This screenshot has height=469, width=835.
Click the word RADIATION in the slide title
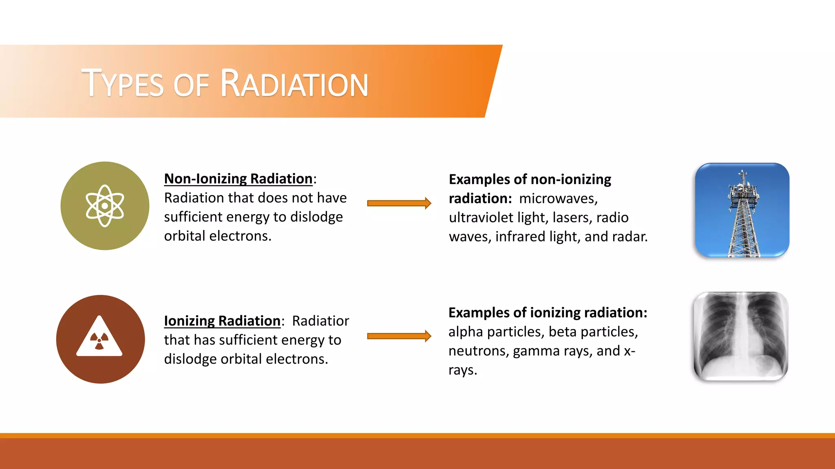pos(294,84)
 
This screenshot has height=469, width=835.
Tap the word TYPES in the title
pos(123,84)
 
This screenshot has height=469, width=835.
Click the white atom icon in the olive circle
pos(105,206)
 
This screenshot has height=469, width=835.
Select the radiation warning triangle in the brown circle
pos(99,337)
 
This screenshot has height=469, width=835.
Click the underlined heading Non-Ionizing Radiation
pos(238,179)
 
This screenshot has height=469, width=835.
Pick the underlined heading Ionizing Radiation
pos(222,321)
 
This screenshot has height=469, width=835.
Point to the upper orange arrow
pos(399,203)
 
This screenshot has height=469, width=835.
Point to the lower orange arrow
pos(399,336)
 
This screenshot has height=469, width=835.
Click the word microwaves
pos(558,199)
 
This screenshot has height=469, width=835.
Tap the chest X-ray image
pos(740,336)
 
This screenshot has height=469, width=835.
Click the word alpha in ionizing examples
pos(466,332)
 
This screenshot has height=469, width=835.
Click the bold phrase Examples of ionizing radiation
pos(548,313)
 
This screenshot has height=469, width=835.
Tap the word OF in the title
pos(191,85)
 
